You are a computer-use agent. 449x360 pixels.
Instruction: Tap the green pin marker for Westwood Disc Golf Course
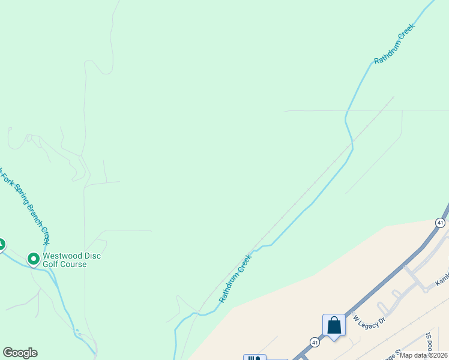(x=34, y=259)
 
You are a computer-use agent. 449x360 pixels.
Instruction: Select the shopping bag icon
(x=334, y=326)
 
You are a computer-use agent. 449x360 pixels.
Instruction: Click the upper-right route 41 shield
(x=441, y=223)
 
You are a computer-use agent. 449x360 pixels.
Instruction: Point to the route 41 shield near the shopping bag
(x=315, y=342)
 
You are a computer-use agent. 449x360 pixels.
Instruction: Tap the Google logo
(x=20, y=353)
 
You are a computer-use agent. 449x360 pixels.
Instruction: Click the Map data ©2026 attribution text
(x=424, y=355)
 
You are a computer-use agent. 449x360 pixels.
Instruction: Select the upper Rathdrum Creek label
(x=394, y=43)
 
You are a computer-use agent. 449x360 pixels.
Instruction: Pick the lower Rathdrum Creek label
(x=235, y=277)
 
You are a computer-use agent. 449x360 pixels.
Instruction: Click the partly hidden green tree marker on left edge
(x=1, y=245)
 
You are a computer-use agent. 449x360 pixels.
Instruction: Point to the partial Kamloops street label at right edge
(x=442, y=280)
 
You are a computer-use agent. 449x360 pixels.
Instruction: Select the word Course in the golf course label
(x=74, y=264)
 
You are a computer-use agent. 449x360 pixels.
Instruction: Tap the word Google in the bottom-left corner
(x=20, y=353)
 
